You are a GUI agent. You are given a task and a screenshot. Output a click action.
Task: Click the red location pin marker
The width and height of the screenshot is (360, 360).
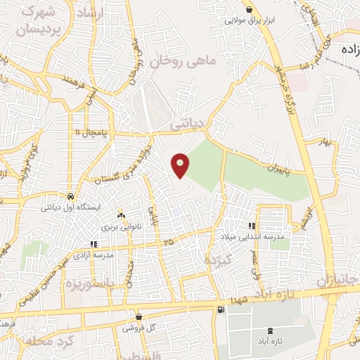(181, 165)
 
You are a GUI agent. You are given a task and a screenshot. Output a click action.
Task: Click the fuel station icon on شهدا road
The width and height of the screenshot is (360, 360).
(222, 309)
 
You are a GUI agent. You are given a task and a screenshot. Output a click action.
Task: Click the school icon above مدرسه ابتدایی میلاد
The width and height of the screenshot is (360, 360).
(252, 226)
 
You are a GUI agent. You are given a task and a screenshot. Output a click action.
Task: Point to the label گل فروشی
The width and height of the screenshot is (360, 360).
(140, 328)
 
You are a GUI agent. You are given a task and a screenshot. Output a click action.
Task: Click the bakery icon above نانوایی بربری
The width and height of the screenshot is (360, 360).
(122, 214)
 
